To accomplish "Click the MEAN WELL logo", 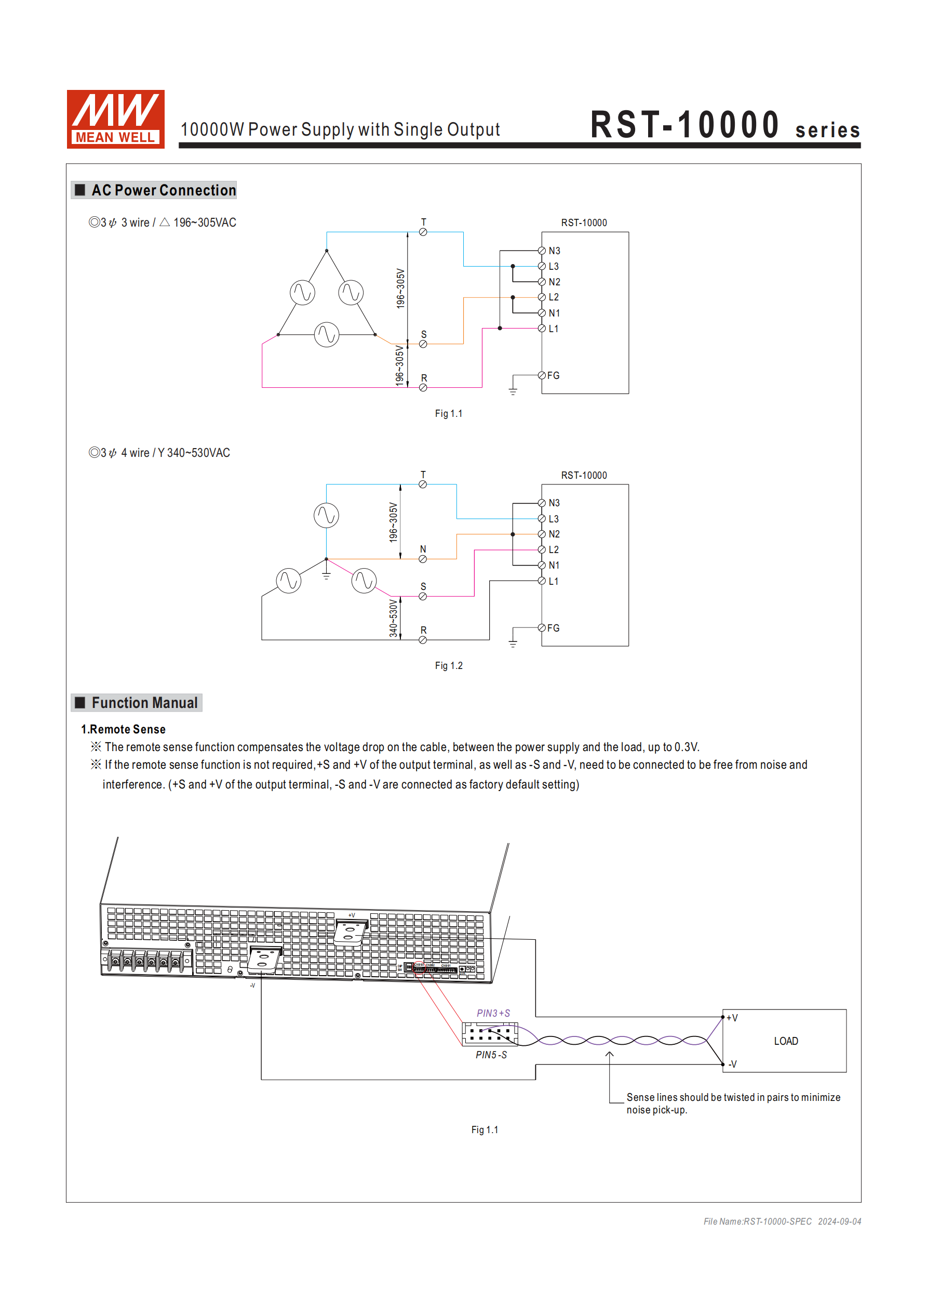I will point(115,119).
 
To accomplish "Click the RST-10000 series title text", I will point(724,125).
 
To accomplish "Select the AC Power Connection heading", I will point(164,190).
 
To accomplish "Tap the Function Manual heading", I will point(144,703).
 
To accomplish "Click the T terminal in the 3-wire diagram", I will point(423,232).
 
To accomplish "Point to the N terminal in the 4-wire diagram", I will point(423,559).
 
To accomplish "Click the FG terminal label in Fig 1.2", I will point(553,628).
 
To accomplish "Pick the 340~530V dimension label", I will point(393,618).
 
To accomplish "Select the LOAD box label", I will point(786,1041).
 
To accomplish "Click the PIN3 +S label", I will point(493,1014).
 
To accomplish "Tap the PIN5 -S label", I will point(491,1055).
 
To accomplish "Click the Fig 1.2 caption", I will point(449,666).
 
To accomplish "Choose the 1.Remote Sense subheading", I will point(124,730).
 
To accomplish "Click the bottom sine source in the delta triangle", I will point(326,335).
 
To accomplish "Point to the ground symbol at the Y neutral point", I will point(326,574).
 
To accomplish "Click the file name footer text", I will point(782,1222).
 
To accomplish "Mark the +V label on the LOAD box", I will point(732,1018).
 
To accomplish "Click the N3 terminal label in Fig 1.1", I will point(554,251).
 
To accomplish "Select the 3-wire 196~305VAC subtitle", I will point(163,222).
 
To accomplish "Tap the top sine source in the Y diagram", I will point(326,515).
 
